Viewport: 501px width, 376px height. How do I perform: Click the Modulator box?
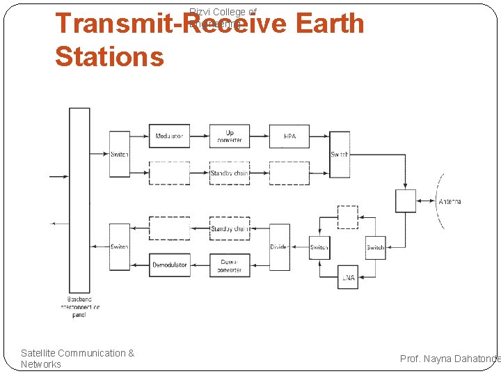click(x=169, y=136)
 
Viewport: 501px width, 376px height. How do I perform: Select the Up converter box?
click(x=230, y=136)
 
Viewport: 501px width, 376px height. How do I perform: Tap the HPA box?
click(x=289, y=136)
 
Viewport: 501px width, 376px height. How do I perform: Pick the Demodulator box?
click(x=169, y=265)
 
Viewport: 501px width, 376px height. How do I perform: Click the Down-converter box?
click(x=230, y=265)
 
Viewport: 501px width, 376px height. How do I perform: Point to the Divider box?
click(x=280, y=247)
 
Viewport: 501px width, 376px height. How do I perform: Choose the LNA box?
click(x=348, y=277)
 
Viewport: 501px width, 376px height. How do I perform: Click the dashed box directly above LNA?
click(x=348, y=217)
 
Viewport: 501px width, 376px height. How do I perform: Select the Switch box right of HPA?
click(x=340, y=154)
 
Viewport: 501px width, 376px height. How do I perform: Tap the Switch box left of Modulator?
click(x=120, y=154)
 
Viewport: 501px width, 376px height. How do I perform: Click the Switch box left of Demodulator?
click(x=120, y=247)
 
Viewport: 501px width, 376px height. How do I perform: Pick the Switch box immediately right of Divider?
click(x=319, y=247)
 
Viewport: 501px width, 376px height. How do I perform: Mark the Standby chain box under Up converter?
click(x=230, y=173)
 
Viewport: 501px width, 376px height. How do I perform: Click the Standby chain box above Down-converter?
click(x=230, y=228)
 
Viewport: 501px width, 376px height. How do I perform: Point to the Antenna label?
click(x=450, y=202)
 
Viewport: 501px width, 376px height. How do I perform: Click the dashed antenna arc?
click(x=438, y=202)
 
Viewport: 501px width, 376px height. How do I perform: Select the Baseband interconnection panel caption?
click(x=79, y=306)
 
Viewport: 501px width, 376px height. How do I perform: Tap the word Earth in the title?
click(x=329, y=24)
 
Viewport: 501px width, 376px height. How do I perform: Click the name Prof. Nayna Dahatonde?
click(x=450, y=358)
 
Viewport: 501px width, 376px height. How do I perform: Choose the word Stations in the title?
click(x=109, y=56)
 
